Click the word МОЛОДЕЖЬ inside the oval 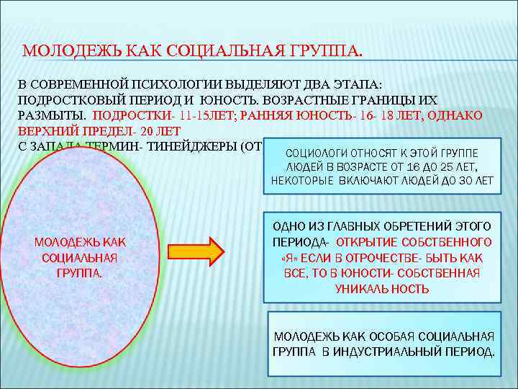point(59,242)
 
